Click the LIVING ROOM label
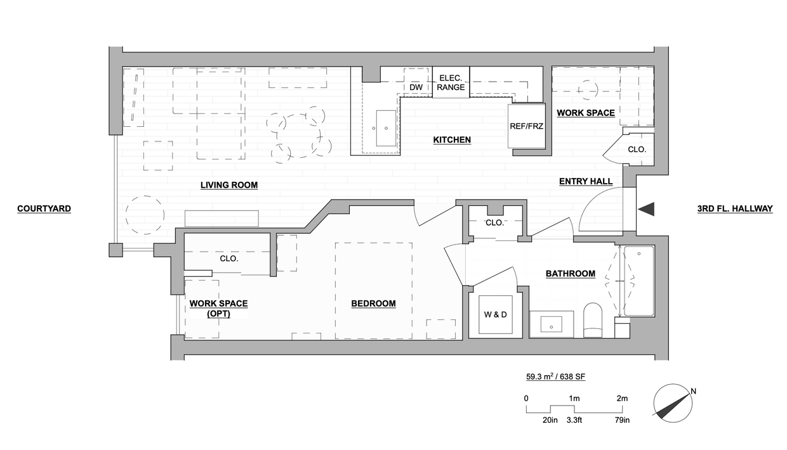(x=229, y=185)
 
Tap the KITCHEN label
(x=452, y=139)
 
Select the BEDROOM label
(x=373, y=304)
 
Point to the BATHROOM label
(x=571, y=274)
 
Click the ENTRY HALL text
(x=586, y=181)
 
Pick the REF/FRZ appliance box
(x=527, y=126)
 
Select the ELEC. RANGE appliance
(x=451, y=82)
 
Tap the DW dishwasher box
(x=416, y=87)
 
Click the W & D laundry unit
(x=495, y=315)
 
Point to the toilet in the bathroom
(x=592, y=320)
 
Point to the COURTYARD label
(x=44, y=209)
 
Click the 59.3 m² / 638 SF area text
(x=555, y=376)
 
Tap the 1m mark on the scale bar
(x=574, y=398)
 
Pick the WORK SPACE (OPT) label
(x=218, y=309)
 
